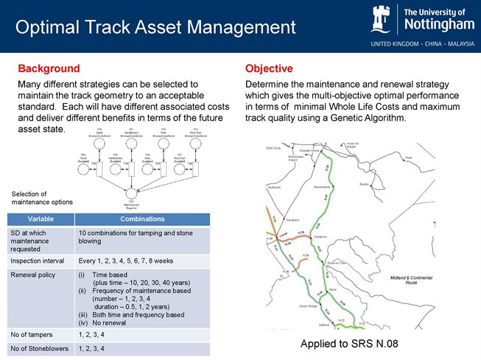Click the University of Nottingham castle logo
[385, 19]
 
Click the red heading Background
[49, 68]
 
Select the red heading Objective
[269, 68]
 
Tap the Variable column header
[40, 219]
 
